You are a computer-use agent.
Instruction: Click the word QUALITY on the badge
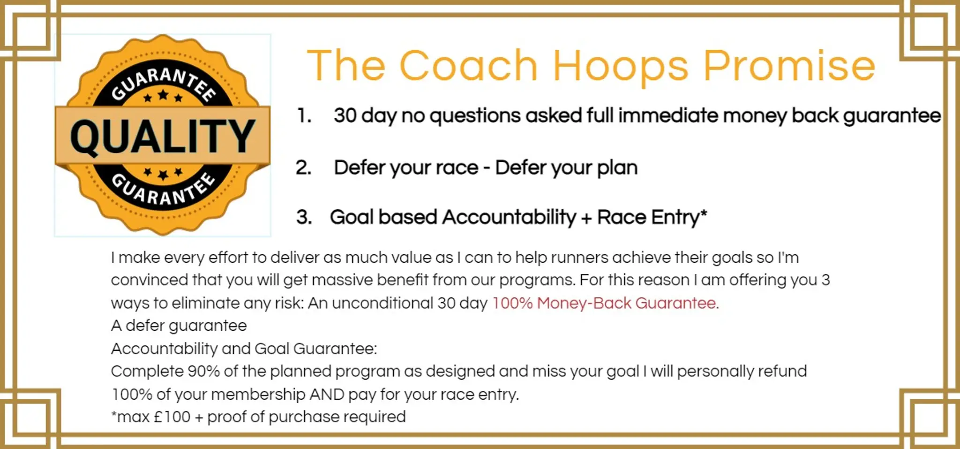(162, 136)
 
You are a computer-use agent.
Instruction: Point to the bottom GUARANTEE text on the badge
(163, 190)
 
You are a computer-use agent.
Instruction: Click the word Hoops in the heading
(620, 67)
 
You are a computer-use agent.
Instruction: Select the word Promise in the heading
(789, 66)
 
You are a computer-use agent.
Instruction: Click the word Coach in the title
(468, 66)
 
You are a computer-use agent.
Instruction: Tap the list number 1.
(304, 115)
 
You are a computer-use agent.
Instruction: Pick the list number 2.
(304, 167)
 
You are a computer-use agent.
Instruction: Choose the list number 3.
(304, 217)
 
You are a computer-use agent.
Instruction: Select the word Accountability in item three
(509, 217)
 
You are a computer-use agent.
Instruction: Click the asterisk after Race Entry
(703, 214)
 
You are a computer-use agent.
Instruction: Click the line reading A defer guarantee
(179, 326)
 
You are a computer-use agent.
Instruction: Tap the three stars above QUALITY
(163, 97)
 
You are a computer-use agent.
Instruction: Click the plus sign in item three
(586, 218)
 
